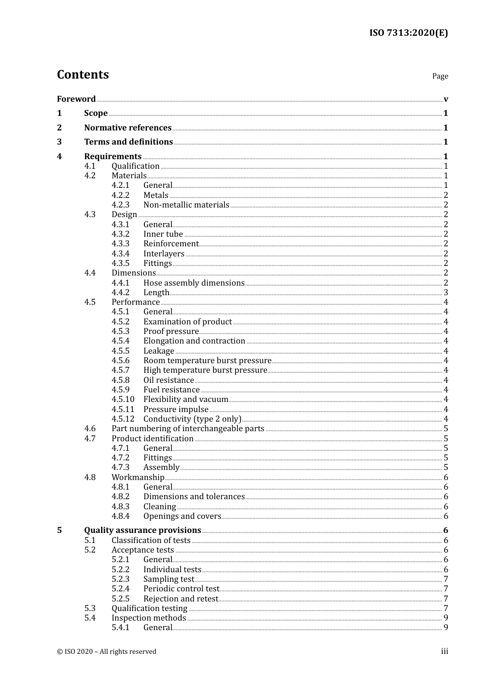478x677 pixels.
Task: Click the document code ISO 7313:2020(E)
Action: coord(408,33)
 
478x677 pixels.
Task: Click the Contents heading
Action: coord(83,75)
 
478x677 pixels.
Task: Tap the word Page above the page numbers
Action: coord(440,76)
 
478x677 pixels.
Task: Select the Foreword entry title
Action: coord(76,99)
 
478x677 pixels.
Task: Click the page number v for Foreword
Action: coord(445,99)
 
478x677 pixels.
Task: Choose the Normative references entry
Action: coord(128,127)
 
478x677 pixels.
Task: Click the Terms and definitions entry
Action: coord(128,142)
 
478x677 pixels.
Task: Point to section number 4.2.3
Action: coord(120,205)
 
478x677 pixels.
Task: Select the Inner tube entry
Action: coord(163,234)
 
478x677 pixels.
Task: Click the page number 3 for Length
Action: coord(445,293)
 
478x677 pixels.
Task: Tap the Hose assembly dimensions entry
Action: coord(194,283)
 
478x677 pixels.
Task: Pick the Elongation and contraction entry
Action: coord(194,341)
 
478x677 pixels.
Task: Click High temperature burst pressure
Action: coord(205,370)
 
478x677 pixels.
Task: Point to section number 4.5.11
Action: coord(123,410)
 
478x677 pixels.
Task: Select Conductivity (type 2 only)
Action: coord(192,419)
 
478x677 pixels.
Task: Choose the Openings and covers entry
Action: coord(182,516)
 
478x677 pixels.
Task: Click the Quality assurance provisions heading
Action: coord(142,530)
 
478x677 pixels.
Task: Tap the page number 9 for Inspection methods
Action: coord(445,618)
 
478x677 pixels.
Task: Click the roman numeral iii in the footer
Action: coord(444,651)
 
